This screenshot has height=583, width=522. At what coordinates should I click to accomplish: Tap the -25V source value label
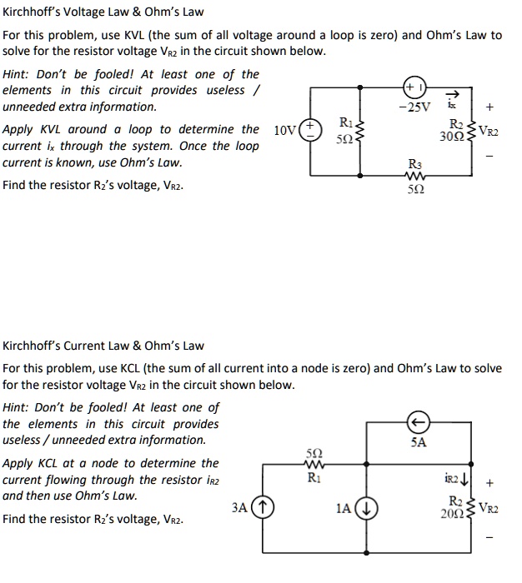(414, 107)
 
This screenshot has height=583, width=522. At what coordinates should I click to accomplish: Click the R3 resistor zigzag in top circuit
(414, 176)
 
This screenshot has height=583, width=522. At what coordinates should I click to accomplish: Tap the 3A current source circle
(261, 506)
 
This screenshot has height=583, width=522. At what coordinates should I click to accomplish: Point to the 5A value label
(419, 442)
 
